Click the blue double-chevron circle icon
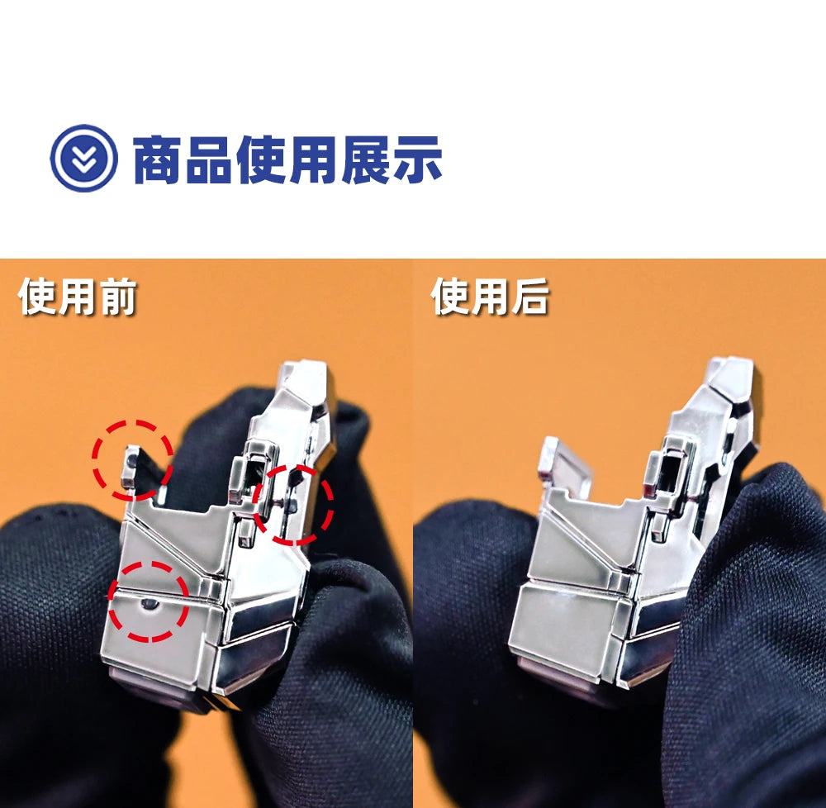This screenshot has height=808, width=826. (x=83, y=158)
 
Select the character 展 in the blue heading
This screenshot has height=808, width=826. (x=365, y=159)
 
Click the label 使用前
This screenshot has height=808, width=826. (x=78, y=297)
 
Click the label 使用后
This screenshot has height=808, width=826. (x=490, y=297)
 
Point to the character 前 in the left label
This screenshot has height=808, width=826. (x=118, y=297)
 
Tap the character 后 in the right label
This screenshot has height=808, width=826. (x=530, y=297)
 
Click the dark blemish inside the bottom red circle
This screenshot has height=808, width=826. (x=149, y=604)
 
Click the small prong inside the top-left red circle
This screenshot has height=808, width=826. (x=131, y=466)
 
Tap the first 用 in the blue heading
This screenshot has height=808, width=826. (x=313, y=159)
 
